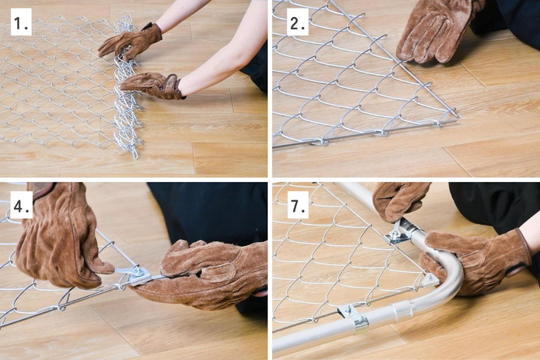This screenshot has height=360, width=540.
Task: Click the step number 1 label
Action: coord(21,22)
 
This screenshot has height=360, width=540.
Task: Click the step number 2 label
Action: coord(298,22)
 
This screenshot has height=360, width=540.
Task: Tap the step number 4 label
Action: coord(21,205)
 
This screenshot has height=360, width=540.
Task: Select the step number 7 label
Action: coord(298,205)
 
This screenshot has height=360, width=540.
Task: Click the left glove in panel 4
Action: coord(60,237)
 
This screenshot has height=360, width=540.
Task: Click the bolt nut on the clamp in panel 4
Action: coord(139,272)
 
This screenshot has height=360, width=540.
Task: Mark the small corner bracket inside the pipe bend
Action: coord(430,280)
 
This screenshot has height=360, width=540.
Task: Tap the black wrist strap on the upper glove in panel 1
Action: coord(149,26)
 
